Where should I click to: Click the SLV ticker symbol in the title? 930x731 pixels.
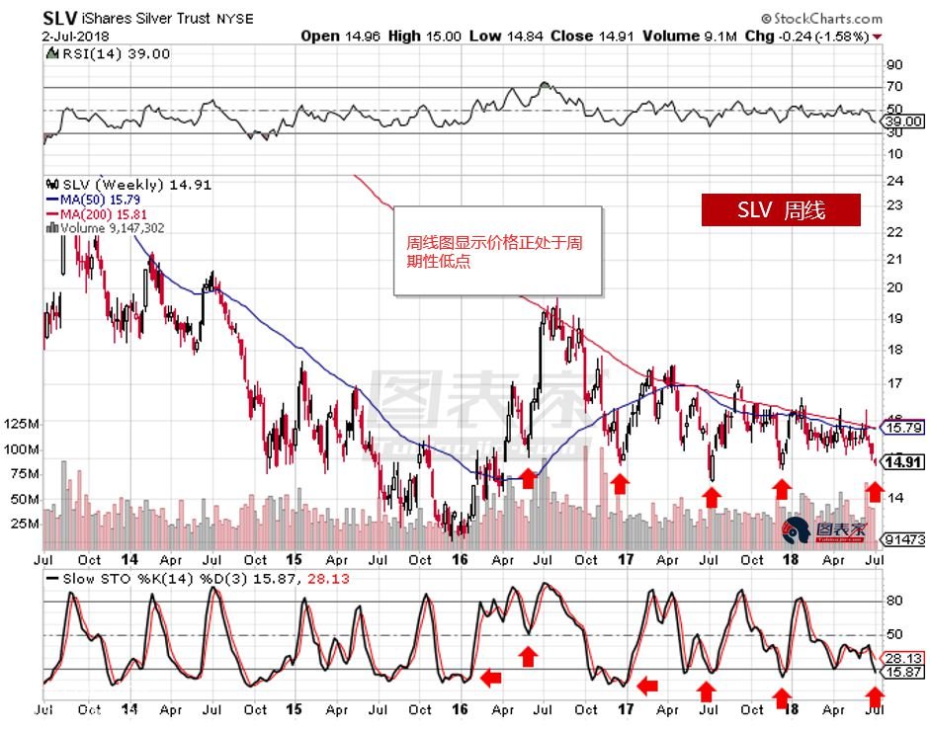[59, 18]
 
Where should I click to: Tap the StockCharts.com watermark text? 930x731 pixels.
[821, 18]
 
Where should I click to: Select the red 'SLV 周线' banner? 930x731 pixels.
[781, 209]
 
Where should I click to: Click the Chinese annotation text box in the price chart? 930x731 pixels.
[497, 251]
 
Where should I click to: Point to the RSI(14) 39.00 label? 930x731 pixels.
[109, 54]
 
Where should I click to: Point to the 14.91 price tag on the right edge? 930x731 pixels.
[903, 461]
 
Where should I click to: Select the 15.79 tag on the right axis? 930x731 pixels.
[903, 429]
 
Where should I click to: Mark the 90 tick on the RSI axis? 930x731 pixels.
[893, 65]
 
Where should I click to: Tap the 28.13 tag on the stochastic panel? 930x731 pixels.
[903, 657]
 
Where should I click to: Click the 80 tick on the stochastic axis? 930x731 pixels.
[893, 600]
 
